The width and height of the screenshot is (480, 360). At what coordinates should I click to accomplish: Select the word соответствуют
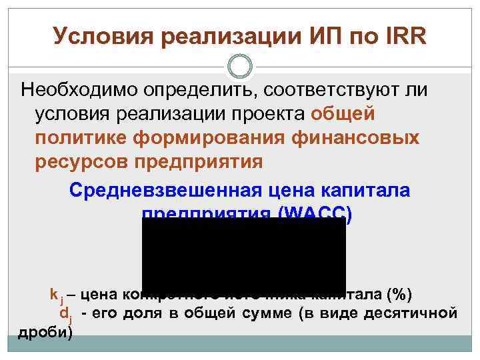[333, 89]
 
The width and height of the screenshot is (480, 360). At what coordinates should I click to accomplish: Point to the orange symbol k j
[55, 294]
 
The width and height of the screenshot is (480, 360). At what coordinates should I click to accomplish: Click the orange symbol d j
[66, 313]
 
